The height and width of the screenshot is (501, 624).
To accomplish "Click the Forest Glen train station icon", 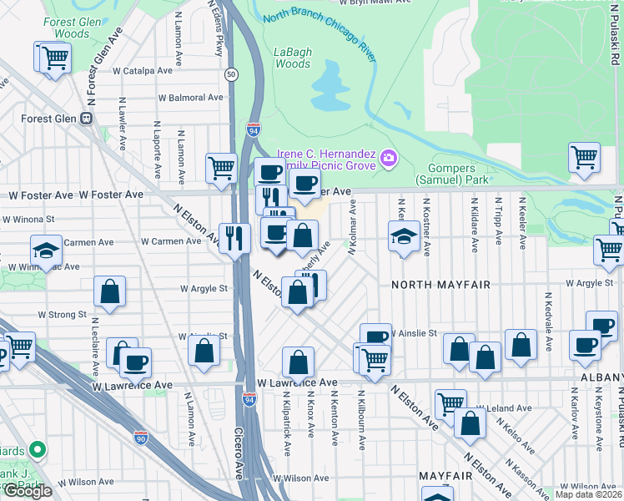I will tap(86, 119).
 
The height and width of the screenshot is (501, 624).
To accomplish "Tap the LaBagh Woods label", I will tap(293, 58).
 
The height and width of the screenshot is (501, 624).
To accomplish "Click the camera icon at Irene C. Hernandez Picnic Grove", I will tap(388, 158).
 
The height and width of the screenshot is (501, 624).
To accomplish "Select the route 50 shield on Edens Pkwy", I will tap(229, 74).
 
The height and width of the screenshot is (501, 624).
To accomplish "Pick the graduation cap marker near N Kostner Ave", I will tap(404, 236).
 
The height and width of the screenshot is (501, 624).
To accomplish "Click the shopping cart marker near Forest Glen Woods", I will tap(54, 58).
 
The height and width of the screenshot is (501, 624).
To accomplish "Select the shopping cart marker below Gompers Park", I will tap(584, 156).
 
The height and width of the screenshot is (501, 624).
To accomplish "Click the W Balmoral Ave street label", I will tap(192, 98).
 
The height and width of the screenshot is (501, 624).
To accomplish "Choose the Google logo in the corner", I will tap(28, 491).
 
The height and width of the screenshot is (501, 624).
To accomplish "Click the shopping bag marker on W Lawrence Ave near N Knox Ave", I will tap(298, 363).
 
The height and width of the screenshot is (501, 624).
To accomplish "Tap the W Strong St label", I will tap(58, 315).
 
